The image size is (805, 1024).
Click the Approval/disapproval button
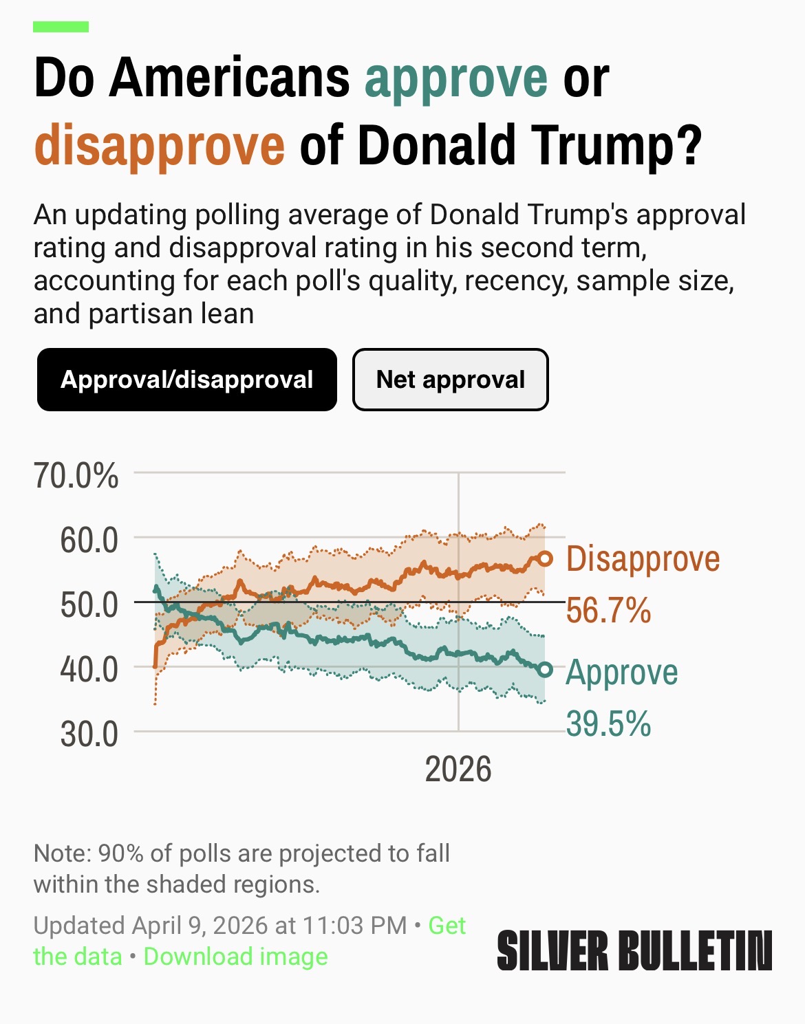(186, 380)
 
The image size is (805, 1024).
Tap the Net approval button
(450, 380)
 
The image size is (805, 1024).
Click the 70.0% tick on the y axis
(76, 475)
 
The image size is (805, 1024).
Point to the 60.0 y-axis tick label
(89, 541)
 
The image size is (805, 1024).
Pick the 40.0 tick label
(89, 669)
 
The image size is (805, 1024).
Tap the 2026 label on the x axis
(458, 769)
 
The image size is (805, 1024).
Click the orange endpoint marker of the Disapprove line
(545, 558)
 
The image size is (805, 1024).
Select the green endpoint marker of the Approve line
(545, 670)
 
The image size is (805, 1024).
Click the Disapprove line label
(643, 558)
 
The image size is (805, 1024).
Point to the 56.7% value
(608, 610)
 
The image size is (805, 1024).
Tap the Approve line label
(621, 672)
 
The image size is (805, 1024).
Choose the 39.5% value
(608, 723)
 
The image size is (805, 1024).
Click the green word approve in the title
(455, 78)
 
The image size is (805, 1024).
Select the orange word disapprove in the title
(159, 144)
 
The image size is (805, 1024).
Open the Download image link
(235, 957)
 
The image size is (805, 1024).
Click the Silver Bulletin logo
(634, 951)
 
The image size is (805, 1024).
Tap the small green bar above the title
(61, 27)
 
